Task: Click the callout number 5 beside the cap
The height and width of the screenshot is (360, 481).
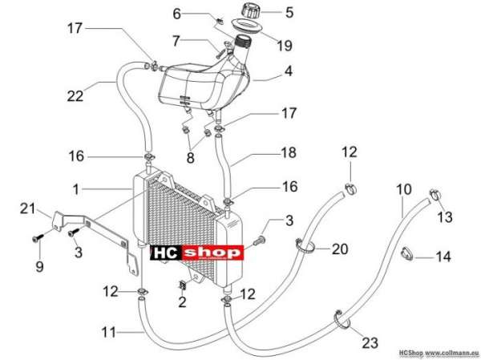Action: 289,13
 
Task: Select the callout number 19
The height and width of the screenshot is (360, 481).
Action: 285,46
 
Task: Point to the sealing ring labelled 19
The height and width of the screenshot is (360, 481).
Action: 247,26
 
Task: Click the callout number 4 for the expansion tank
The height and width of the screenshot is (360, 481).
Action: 289,71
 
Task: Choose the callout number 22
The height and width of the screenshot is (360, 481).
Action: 75,96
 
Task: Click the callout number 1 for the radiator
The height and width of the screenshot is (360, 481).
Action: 76,189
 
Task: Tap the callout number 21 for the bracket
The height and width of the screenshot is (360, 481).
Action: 27,208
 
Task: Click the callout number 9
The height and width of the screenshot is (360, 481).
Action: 39,265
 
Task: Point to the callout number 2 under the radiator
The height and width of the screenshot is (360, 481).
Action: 182,302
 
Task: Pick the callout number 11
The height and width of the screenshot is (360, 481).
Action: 109,333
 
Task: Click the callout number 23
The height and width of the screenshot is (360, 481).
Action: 370,342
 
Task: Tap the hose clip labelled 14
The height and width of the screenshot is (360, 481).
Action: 406,254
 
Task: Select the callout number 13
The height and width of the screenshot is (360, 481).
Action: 444,216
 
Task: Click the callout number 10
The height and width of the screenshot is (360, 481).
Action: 404,189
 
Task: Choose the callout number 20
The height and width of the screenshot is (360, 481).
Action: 340,249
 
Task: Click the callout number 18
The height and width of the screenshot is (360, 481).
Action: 289,152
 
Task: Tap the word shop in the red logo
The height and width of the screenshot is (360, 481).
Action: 212,253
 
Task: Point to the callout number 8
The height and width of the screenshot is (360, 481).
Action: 191,158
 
